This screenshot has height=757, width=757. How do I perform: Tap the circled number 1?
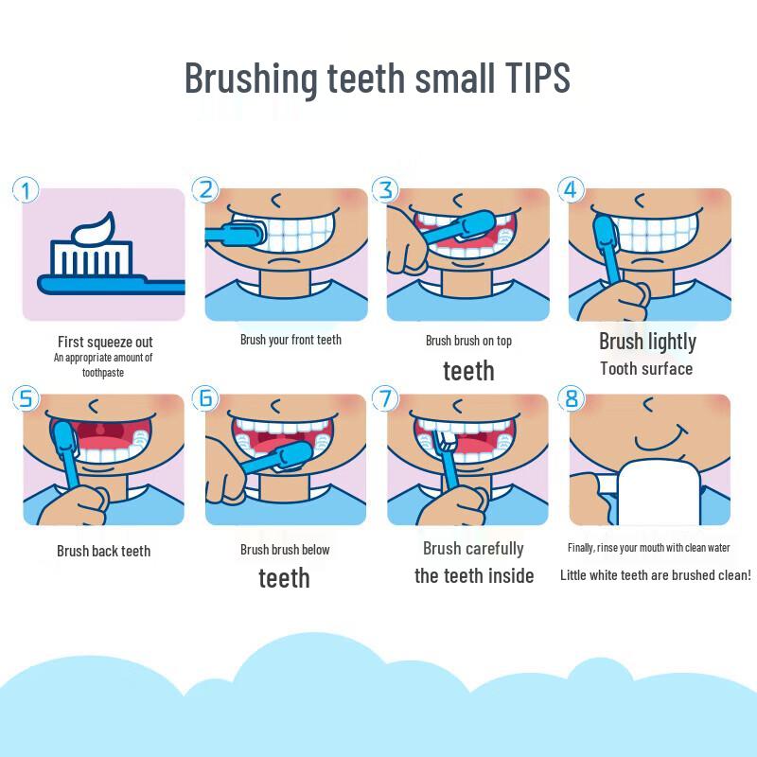(26, 190)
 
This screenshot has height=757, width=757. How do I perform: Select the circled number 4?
(572, 190)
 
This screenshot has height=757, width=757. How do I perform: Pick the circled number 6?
(205, 398)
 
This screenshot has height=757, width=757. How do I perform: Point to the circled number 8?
(572, 398)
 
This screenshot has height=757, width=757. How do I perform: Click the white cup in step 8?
(659, 492)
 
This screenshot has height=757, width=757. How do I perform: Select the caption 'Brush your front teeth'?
(290, 340)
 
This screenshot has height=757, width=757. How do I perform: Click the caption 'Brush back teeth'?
(104, 551)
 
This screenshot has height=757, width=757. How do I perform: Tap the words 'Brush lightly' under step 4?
(647, 342)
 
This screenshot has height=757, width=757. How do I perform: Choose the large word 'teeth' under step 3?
(468, 371)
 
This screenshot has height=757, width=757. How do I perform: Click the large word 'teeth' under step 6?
(285, 578)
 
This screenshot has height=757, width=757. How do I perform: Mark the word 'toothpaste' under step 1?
(103, 373)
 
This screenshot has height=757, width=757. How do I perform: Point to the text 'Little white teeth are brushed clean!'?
(655, 575)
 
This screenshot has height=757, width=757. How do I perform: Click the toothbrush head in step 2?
(248, 233)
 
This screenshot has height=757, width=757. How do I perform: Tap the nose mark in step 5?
(93, 405)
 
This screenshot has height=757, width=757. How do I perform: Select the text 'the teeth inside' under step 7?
(474, 576)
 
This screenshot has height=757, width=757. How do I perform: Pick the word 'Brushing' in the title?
(251, 79)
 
